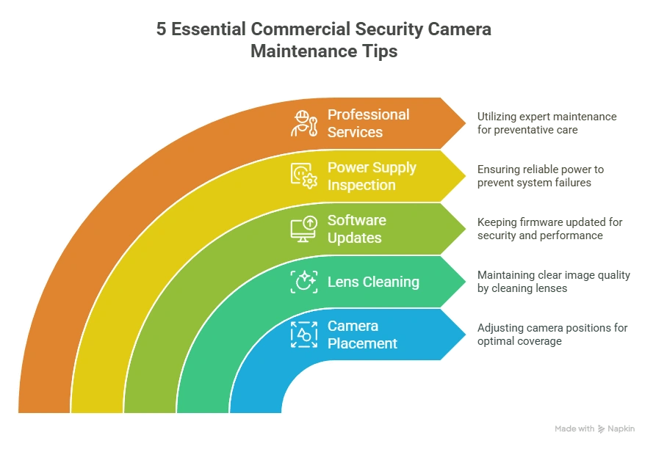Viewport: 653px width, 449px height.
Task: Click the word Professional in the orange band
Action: click(368, 114)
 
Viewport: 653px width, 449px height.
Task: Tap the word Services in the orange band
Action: click(355, 132)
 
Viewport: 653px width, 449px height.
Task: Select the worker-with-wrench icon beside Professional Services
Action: click(303, 123)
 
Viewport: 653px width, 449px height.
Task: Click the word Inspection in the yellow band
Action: click(361, 185)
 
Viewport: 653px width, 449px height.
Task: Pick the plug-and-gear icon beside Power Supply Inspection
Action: click(303, 176)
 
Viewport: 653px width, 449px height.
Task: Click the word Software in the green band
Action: click(356, 220)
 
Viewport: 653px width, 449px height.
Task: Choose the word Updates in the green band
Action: click(354, 238)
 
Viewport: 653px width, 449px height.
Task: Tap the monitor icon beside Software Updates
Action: click(303, 229)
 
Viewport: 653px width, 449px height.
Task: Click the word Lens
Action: click(342, 282)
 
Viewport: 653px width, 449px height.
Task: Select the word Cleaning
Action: click(389, 282)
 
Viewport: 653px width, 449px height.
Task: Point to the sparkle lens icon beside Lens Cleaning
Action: click(303, 282)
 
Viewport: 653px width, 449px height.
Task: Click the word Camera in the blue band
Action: click(353, 326)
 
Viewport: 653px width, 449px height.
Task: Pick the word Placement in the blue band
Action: click(362, 343)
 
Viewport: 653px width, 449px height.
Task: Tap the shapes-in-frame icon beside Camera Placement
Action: click(303, 335)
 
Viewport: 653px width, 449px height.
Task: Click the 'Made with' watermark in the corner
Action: click(594, 428)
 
